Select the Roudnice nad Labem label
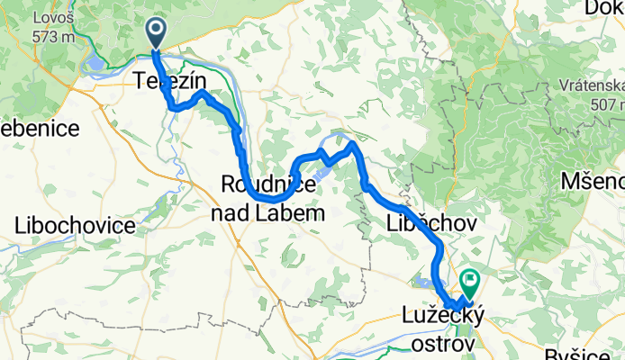267,199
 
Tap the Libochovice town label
74,224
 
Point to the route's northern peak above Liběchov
351,143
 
